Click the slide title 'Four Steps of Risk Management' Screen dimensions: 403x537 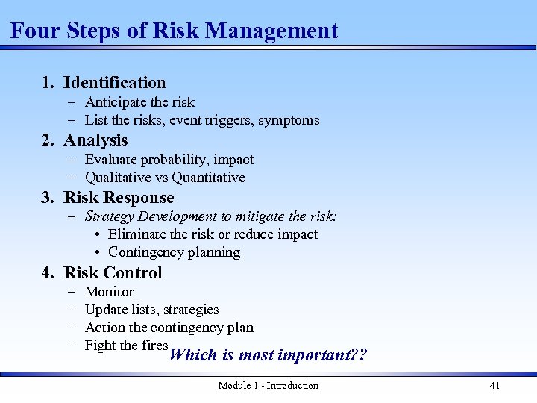pos(174,31)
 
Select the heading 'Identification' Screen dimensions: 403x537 pos(114,83)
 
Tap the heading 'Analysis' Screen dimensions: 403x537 pos(95,140)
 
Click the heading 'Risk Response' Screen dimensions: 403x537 pos(119,198)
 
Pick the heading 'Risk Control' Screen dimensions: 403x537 pos(113,272)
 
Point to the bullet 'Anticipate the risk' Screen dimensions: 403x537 pos(139,102)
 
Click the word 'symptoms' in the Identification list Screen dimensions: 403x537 pos(289,120)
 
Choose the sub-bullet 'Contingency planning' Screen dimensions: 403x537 pos(174,252)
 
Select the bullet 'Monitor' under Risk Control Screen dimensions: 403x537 pos(110,292)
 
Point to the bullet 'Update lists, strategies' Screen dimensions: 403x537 pos(151,310)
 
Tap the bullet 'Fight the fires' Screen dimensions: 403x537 pos(126,346)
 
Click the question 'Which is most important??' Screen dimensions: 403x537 pos(268,354)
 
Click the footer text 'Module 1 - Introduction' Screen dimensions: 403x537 pos(268,386)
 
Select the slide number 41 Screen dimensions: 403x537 pos(494,386)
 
